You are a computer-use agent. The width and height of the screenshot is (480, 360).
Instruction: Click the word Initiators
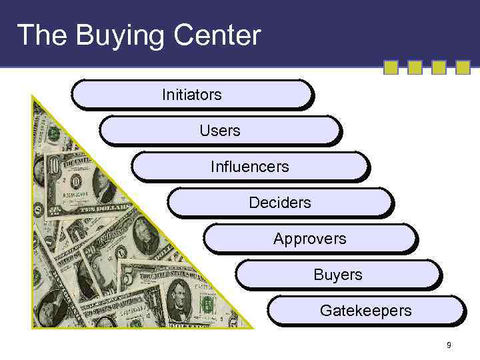[x=191, y=95]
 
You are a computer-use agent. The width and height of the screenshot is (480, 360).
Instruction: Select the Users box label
[x=219, y=131]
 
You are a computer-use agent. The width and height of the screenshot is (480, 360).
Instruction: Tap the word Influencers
[x=249, y=167]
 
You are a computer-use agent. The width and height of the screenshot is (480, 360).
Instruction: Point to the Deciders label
[x=279, y=203]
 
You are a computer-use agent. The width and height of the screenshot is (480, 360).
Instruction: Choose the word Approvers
[x=309, y=239]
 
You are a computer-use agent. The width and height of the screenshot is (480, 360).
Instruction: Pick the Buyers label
[x=338, y=275]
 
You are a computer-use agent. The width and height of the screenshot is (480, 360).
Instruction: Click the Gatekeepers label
[x=365, y=311]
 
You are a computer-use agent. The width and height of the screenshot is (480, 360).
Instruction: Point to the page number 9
[x=449, y=345]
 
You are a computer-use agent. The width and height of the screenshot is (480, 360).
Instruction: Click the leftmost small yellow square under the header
[x=391, y=67]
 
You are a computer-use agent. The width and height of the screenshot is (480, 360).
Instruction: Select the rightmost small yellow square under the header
[x=463, y=67]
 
